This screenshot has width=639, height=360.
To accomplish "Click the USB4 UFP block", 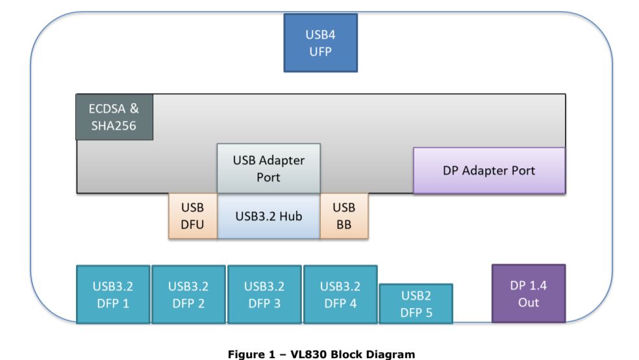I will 321,43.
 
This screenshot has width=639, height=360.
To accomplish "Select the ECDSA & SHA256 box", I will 114,117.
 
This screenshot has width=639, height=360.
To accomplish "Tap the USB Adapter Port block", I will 268,168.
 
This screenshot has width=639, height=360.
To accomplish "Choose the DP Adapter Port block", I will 489,170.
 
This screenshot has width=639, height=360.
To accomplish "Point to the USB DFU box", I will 193,216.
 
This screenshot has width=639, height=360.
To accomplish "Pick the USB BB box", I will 344,216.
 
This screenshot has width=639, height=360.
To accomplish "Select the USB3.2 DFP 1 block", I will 113,294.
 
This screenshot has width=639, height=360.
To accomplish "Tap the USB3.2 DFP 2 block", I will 188,294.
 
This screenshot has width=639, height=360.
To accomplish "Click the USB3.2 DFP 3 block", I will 264,294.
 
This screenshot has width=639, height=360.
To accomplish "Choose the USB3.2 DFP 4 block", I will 340,294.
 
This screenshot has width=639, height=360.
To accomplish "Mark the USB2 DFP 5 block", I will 416,303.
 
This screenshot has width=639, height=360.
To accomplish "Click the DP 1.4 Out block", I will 528,293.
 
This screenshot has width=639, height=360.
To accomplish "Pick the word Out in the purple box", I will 528,302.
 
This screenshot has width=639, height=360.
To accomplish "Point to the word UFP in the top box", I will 321,52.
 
